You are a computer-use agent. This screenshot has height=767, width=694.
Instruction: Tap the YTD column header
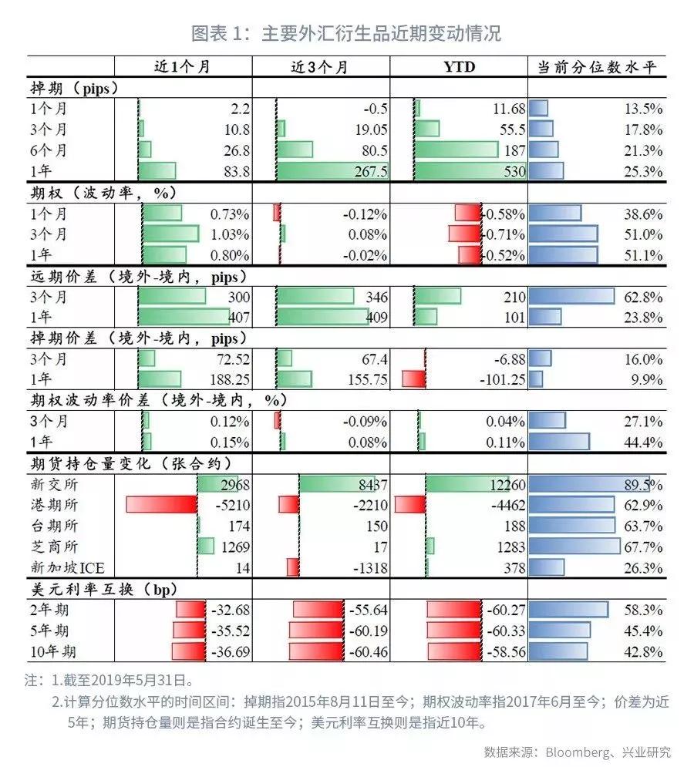point(459,67)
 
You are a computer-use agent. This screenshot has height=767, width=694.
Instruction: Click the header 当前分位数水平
point(596,67)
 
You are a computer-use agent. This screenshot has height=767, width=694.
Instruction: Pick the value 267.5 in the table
point(369,171)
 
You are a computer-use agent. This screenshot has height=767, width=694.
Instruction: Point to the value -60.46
point(367,651)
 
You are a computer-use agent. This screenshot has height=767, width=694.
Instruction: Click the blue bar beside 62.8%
point(571,297)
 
